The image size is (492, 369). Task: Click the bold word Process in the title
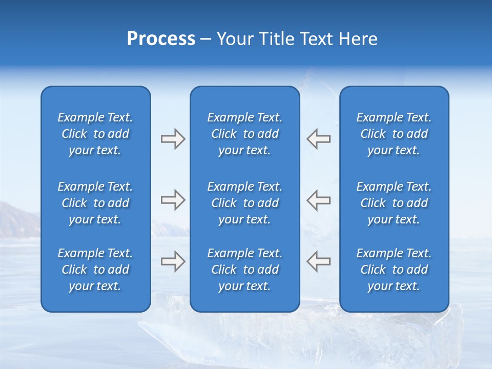(x=161, y=39)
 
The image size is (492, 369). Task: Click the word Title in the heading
(x=275, y=39)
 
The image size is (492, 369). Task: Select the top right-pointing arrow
(x=173, y=139)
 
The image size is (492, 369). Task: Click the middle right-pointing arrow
(x=173, y=200)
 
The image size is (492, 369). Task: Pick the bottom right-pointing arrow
(x=173, y=261)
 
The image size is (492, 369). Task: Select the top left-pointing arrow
(x=318, y=139)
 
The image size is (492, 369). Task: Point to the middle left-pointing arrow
(x=318, y=200)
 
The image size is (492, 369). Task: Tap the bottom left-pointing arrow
(x=318, y=261)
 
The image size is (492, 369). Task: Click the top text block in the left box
(x=95, y=134)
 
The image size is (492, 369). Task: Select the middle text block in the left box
(x=95, y=203)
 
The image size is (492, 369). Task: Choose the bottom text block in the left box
(x=95, y=270)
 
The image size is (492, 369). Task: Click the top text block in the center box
(x=244, y=134)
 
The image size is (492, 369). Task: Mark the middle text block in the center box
(x=244, y=203)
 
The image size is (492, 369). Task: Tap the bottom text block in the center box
(x=244, y=270)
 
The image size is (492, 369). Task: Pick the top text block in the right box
(x=394, y=134)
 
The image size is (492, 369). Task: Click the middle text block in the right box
(x=394, y=203)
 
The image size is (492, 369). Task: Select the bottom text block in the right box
(x=394, y=270)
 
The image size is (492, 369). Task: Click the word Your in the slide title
(x=236, y=39)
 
